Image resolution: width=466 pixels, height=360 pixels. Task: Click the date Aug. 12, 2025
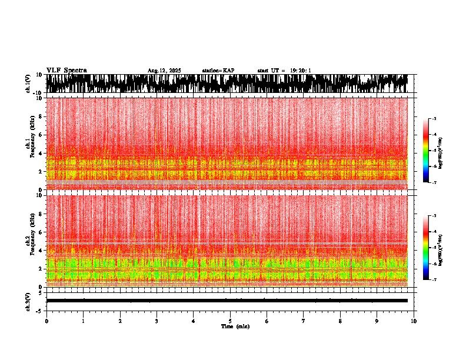coord(164,71)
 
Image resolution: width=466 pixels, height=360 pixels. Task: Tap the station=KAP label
coord(218,71)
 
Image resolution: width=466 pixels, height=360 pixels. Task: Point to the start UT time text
coord(284,71)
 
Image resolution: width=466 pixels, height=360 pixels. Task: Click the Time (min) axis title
coord(235,326)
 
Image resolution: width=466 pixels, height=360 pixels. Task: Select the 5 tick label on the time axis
coord(230,321)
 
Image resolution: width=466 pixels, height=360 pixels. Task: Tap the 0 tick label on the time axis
coord(46,321)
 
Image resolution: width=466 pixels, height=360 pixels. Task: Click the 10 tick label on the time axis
coord(414,321)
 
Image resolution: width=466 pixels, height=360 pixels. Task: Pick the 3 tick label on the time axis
coord(157,321)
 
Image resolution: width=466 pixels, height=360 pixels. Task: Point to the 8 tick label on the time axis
coord(340,321)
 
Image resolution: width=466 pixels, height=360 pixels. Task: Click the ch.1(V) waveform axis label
coord(28,84)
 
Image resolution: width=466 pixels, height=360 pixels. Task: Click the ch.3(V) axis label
coord(28,301)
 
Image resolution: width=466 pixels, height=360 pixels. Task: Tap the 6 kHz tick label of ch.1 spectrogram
coord(41,135)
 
